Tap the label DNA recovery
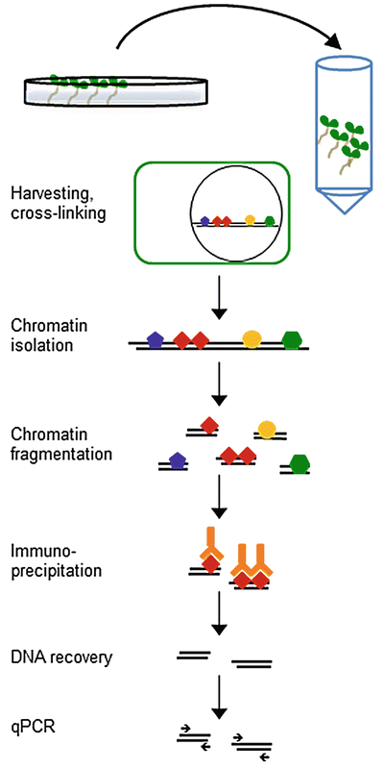[61, 657]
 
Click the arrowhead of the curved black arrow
[332, 45]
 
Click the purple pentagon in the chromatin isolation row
[155, 338]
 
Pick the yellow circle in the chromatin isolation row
[252, 338]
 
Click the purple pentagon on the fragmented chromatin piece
[175, 460]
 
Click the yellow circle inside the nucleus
[250, 219]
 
